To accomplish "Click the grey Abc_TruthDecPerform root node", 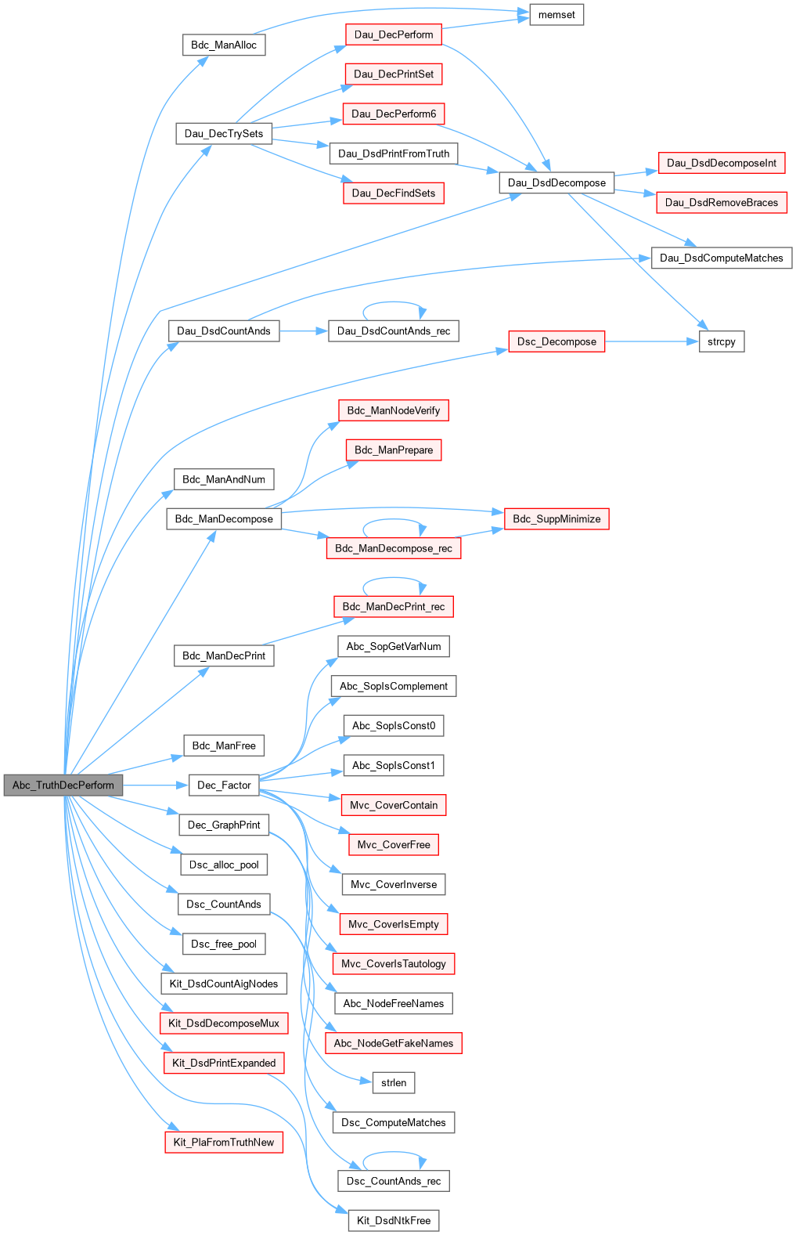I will point(63,785).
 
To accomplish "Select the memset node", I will point(556,15).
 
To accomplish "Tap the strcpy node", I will point(721,341).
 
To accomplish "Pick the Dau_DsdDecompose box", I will point(556,182).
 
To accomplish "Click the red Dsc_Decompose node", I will point(556,341).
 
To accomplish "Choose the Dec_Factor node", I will point(224,785).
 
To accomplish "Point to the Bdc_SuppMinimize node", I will point(556,518).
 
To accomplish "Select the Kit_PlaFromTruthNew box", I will point(224,1142).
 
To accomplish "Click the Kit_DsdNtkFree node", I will point(394,1220).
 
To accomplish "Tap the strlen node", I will point(394,1082).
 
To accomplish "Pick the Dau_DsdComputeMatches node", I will point(721,258).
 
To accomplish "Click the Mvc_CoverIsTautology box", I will point(394,963).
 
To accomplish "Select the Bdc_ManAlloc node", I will point(224,45).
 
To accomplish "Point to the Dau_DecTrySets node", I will point(224,133).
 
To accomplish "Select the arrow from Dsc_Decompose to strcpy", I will point(651,341).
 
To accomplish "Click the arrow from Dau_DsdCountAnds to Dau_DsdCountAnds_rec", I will point(304,331).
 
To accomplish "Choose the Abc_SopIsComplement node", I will point(394,686).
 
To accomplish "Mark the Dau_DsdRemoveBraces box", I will point(721,202).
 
